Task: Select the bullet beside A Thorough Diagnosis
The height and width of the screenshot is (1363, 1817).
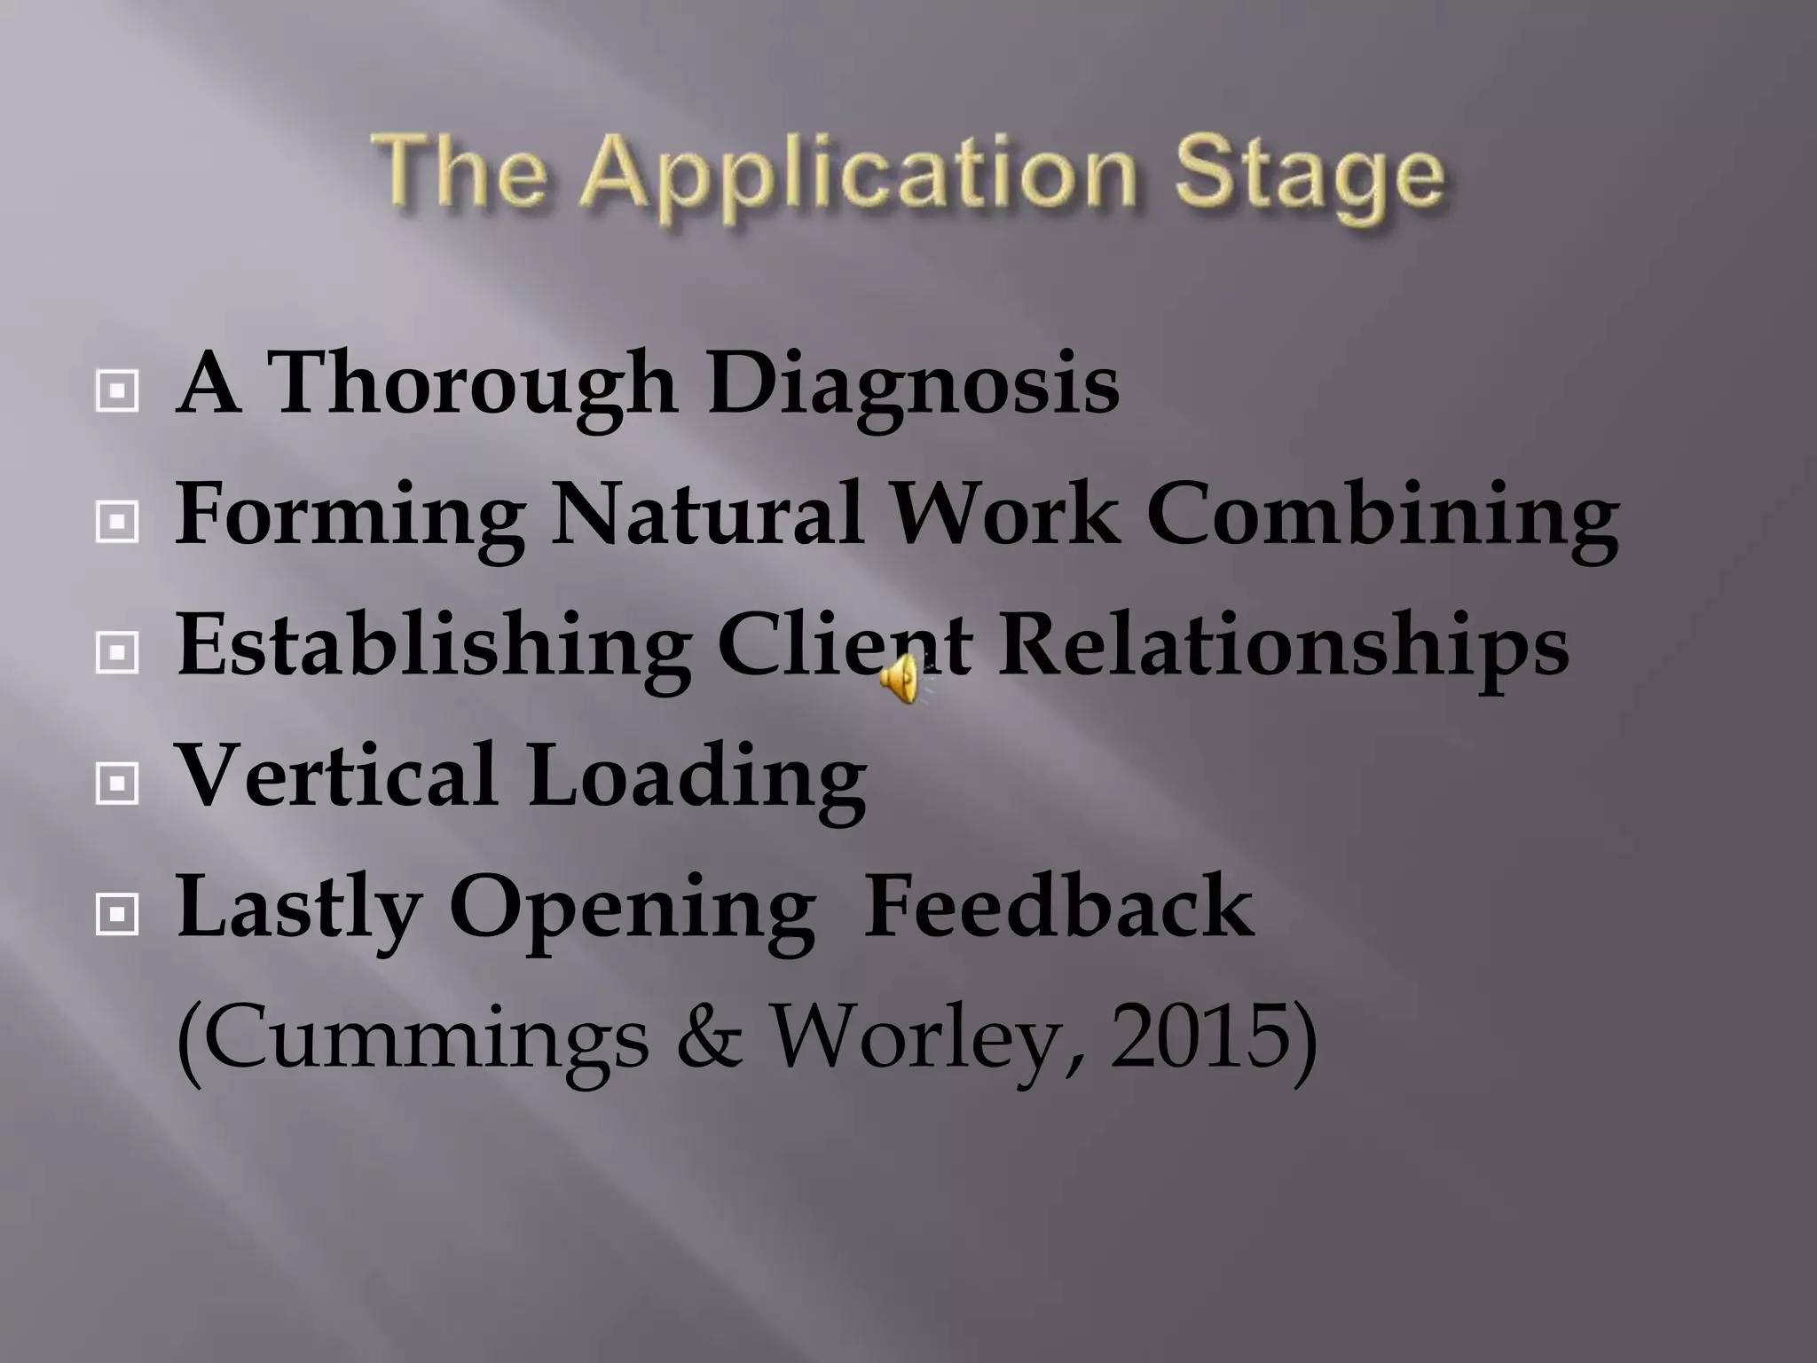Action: pos(116,390)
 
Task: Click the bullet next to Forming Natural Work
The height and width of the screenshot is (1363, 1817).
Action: pos(116,522)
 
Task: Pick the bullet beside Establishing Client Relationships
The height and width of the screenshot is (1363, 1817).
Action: pos(116,653)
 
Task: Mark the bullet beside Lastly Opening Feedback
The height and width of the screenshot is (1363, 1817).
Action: pos(116,915)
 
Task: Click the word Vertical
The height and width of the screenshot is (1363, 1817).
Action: pos(337,776)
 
